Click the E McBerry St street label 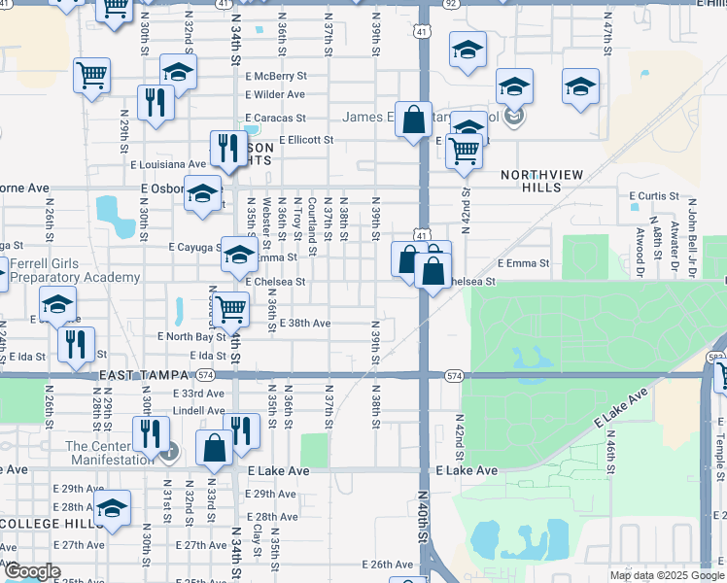click(276, 76)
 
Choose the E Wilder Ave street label click(275, 95)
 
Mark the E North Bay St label click(191, 337)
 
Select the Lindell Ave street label click(199, 411)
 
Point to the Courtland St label click(311, 223)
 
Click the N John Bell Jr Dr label click(693, 234)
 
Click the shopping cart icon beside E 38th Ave click(229, 309)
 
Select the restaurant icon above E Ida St click(75, 342)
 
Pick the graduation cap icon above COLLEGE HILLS click(112, 507)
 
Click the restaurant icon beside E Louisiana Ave click(228, 148)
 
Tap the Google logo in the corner click(32, 571)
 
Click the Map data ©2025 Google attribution click(667, 575)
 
